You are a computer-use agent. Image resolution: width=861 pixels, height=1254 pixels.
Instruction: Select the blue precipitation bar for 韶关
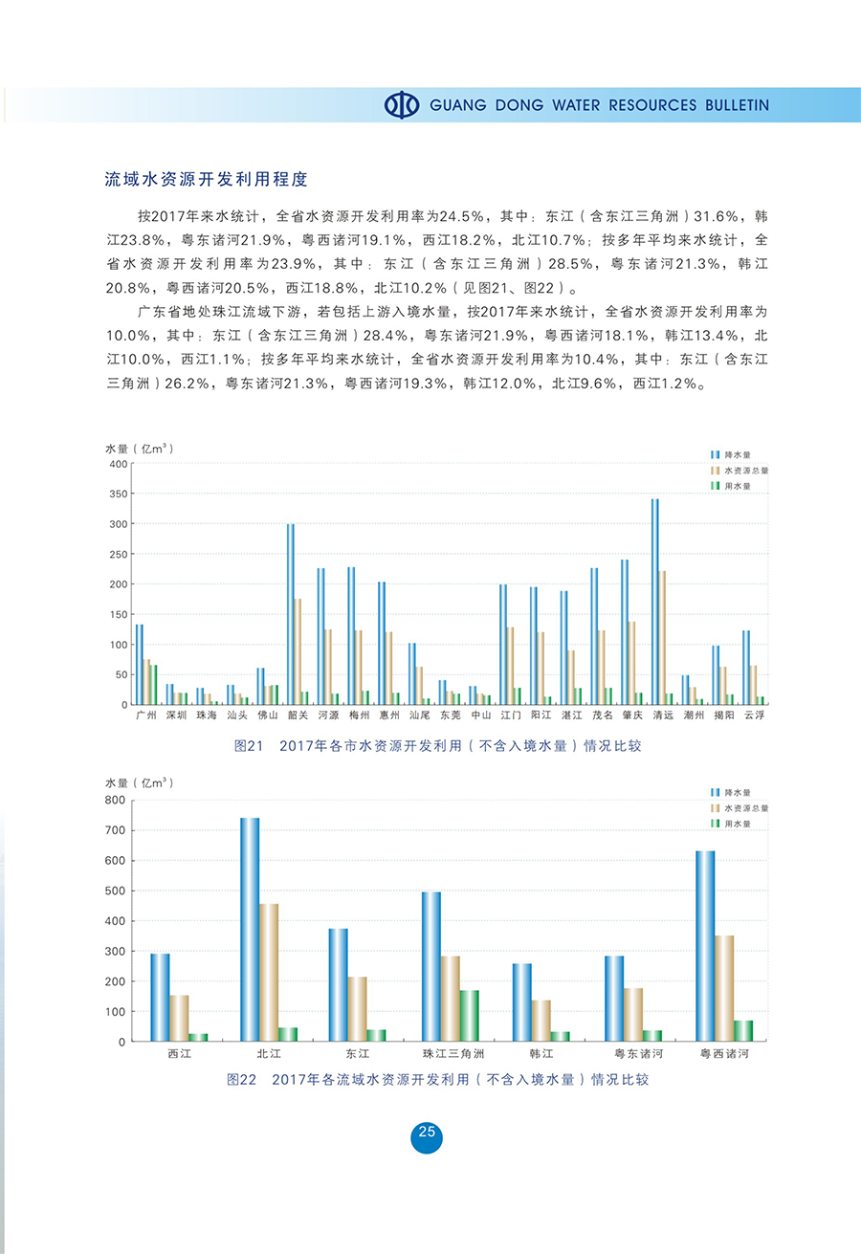291,614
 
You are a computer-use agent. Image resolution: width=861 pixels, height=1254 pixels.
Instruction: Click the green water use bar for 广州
154,685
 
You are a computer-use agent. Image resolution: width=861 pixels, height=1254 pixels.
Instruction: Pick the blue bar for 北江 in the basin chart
250,929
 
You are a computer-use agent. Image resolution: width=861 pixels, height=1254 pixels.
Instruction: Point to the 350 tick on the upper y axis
118,494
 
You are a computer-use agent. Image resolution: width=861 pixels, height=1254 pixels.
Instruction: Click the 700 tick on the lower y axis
116,830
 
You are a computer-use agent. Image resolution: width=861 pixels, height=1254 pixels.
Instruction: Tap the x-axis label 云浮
753,715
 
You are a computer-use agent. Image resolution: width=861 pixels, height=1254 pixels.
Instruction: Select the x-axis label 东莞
450,715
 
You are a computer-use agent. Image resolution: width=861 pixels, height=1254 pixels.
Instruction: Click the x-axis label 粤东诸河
632,1053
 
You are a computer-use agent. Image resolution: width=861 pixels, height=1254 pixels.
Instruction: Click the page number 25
427,1133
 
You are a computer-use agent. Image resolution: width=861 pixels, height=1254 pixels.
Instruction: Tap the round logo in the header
402,105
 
